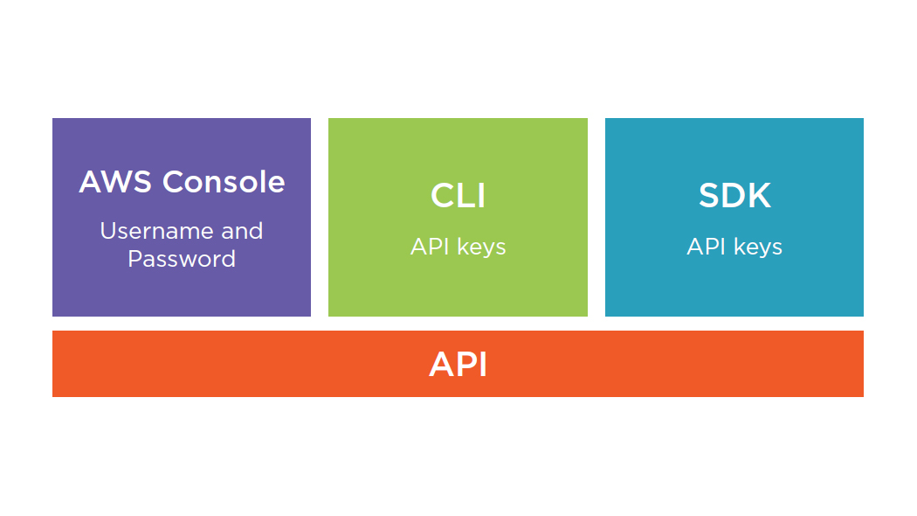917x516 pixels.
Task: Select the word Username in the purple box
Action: (144, 231)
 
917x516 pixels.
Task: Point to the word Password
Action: (182, 259)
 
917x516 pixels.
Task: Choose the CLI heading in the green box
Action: (458, 196)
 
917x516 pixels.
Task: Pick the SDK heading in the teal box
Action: (734, 196)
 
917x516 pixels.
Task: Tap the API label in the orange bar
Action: (458, 364)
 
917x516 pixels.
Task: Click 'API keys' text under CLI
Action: (458, 248)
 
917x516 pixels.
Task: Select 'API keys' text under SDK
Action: (734, 248)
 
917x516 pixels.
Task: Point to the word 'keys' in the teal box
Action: (758, 248)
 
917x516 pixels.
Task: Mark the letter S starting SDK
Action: (709, 196)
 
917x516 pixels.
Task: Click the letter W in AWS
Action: (118, 182)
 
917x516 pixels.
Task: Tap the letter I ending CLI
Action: (481, 196)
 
